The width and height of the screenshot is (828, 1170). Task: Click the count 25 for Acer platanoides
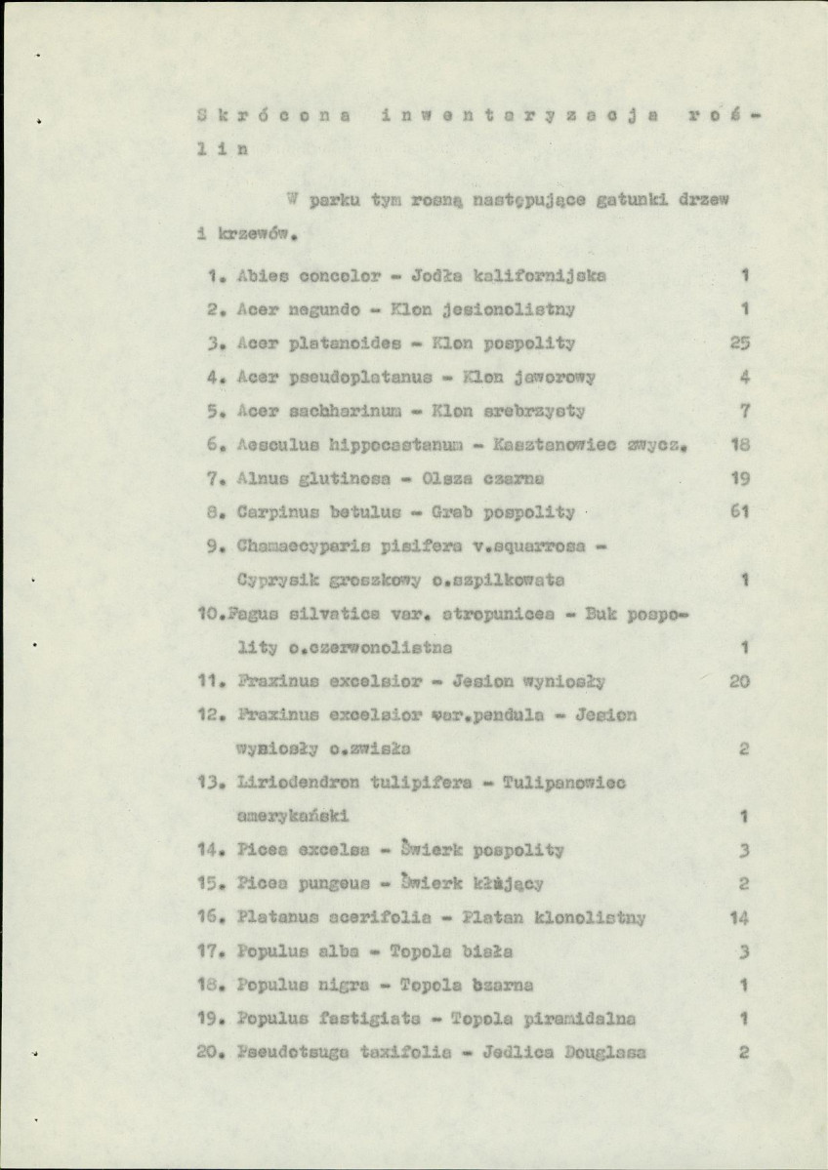[739, 343]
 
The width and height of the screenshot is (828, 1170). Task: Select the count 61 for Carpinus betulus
[739, 510]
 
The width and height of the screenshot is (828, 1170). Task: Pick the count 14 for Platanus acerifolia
[738, 918]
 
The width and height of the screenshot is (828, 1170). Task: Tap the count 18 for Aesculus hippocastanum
[739, 444]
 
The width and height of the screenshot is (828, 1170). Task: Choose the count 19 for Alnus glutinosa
[739, 478]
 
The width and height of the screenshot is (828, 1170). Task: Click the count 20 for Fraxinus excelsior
[739, 681]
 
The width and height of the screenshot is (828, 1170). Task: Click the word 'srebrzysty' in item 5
[536, 410]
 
